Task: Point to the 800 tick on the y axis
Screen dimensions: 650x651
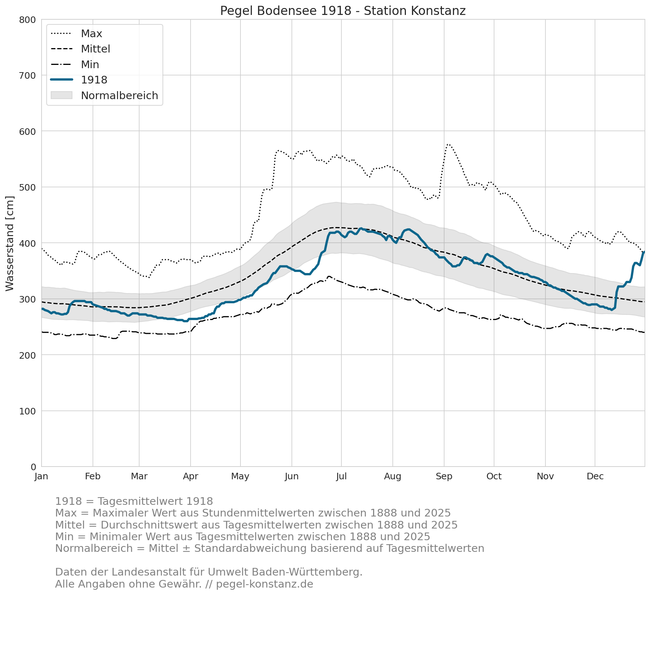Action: tap(28, 20)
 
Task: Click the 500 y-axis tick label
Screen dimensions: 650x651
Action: tap(28, 187)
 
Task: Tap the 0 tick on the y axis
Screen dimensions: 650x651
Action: tap(34, 467)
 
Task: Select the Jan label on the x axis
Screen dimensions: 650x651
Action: tap(42, 476)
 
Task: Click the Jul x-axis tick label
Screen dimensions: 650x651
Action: tap(341, 476)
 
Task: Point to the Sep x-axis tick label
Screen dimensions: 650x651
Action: tap(444, 476)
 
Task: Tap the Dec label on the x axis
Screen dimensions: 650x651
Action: tap(595, 476)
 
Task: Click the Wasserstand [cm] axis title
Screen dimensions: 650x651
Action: tap(10, 243)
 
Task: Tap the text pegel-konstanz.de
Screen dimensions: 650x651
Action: tap(265, 584)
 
